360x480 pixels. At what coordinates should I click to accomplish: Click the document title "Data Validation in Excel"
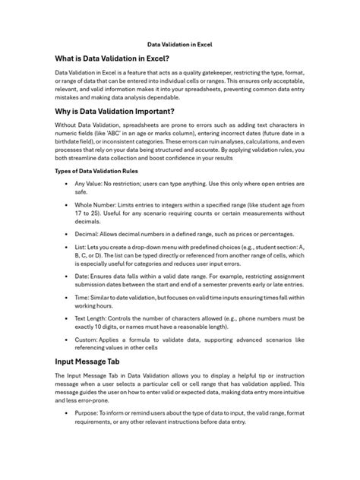point(179,45)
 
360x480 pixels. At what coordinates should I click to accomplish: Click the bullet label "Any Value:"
point(89,184)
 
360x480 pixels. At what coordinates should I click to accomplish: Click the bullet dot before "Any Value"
point(67,184)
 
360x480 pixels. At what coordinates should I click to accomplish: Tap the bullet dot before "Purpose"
point(67,412)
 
